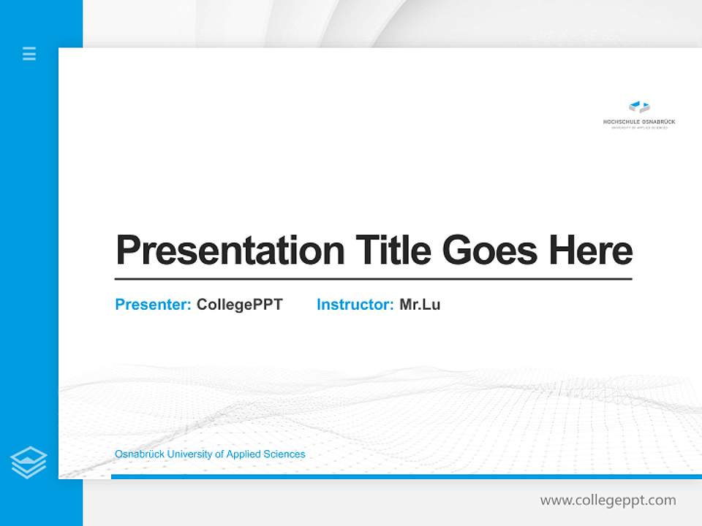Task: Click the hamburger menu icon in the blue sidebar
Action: click(x=29, y=53)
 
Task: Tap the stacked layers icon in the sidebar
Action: click(x=29, y=462)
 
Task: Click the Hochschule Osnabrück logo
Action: click(x=638, y=115)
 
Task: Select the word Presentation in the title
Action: click(x=230, y=251)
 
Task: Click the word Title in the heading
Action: click(x=393, y=250)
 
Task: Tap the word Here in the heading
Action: click(x=591, y=250)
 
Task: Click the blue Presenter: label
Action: click(x=153, y=305)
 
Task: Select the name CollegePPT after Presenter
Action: click(x=239, y=305)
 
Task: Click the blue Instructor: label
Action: click(x=355, y=305)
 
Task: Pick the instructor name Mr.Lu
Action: click(x=420, y=305)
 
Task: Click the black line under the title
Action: click(x=373, y=279)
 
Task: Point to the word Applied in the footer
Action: click(x=244, y=454)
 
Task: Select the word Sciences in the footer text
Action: click(x=284, y=454)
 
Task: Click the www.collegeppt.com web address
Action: click(x=608, y=500)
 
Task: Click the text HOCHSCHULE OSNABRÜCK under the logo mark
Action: click(x=638, y=121)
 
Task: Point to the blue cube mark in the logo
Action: click(x=638, y=107)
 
